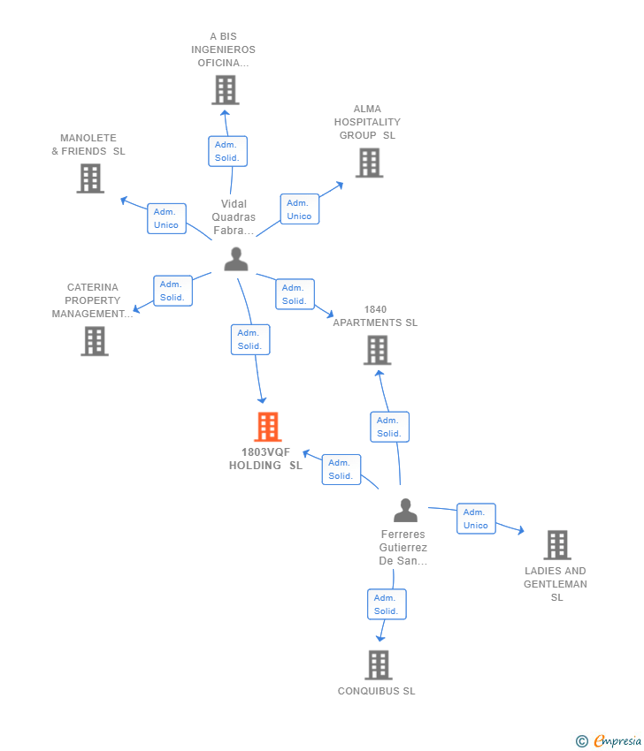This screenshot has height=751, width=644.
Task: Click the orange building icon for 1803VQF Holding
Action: [x=268, y=427]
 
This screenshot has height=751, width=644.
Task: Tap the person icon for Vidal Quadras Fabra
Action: [x=236, y=259]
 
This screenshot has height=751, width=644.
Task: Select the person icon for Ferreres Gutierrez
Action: [x=406, y=510]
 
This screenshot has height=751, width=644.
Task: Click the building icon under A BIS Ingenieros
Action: [x=226, y=90]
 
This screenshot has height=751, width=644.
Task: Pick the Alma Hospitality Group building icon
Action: [x=369, y=163]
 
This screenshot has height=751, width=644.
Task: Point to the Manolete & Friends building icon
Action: [x=90, y=178]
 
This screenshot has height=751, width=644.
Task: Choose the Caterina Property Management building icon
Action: [x=95, y=342]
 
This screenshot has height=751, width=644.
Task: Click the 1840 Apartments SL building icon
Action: [x=378, y=350]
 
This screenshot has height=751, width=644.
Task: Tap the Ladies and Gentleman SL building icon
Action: [x=557, y=545]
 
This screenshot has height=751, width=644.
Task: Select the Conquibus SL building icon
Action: [x=379, y=665]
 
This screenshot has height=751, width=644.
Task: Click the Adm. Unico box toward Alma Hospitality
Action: [x=300, y=209]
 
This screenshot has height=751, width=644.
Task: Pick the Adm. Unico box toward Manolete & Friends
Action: [x=166, y=218]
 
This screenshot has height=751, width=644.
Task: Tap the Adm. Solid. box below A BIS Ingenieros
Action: [x=227, y=151]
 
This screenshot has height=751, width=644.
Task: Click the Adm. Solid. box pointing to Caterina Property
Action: [x=172, y=291]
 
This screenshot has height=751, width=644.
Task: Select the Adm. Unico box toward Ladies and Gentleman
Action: [x=476, y=519]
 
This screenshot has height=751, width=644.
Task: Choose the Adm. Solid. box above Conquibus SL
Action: [x=387, y=604]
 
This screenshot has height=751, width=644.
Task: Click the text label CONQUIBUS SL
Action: [x=377, y=691]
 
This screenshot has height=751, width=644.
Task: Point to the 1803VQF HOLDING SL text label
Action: [x=265, y=459]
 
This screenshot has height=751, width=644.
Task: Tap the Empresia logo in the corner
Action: [x=609, y=741]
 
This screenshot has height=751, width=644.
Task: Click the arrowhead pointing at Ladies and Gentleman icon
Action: [x=521, y=530]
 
